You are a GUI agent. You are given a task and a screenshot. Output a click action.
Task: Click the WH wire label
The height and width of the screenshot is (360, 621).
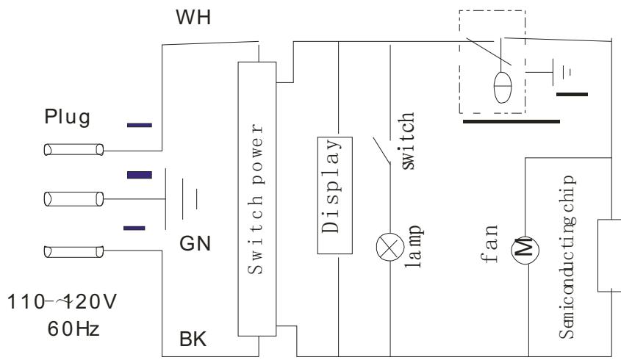click(193, 18)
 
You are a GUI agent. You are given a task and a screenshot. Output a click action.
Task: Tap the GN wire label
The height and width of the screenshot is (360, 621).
click(195, 243)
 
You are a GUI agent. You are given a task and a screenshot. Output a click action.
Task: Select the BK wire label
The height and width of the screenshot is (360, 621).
click(193, 339)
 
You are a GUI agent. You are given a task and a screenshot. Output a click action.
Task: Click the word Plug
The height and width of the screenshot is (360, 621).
click(68, 118)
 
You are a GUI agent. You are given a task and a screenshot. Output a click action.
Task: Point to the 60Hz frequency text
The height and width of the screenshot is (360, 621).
click(73, 328)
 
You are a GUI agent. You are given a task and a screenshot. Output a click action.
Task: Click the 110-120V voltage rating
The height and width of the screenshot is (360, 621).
click(62, 301)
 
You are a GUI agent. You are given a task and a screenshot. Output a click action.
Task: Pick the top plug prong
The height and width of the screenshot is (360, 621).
click(73, 150)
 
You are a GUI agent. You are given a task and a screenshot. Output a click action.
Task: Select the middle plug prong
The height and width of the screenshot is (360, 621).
click(73, 199)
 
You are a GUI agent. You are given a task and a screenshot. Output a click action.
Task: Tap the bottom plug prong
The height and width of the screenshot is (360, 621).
click(73, 251)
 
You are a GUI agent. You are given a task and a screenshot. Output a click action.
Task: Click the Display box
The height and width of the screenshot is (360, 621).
click(335, 195)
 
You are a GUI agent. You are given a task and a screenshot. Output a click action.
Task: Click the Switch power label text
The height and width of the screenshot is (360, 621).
click(256, 199)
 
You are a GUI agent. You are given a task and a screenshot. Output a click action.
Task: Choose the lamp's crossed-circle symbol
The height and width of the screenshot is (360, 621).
click(390, 247)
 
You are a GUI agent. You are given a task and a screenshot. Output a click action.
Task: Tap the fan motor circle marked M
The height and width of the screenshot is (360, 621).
click(525, 251)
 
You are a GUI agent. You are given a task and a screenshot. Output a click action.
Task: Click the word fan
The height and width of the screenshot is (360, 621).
click(489, 243)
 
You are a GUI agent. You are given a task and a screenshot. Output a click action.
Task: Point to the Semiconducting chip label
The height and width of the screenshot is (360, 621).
click(567, 257)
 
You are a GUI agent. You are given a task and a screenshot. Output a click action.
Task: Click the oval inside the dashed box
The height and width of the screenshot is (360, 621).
click(503, 87)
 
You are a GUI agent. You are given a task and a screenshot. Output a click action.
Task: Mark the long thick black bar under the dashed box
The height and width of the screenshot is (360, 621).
click(511, 121)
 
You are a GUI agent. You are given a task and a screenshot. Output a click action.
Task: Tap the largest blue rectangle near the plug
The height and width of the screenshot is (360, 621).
click(140, 175)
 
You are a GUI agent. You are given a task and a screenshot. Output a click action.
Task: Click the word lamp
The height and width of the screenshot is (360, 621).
click(414, 246)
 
